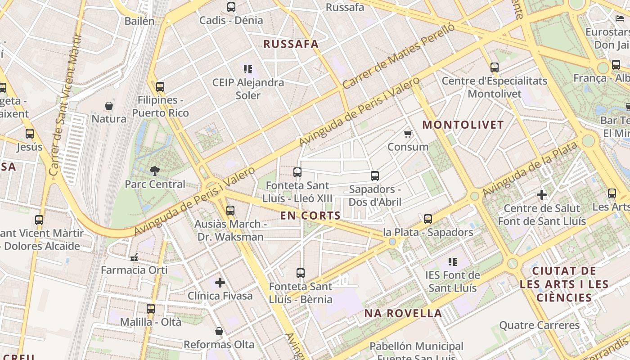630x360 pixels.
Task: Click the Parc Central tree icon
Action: point(155,171)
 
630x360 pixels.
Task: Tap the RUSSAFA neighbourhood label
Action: point(291,44)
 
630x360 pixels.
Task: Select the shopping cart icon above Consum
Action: point(408,134)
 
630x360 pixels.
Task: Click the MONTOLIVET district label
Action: point(463,125)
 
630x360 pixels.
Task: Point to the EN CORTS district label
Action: point(310,216)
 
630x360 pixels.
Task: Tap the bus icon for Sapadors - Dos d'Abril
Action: point(375,175)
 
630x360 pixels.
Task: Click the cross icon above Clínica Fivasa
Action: point(220,283)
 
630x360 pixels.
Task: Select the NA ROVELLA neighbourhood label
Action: point(403,314)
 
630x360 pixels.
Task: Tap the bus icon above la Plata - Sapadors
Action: point(428,219)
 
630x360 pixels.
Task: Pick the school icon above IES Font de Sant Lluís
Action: point(453,261)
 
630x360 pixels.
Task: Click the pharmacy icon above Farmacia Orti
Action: point(134,257)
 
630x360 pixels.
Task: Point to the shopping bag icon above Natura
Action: point(109,106)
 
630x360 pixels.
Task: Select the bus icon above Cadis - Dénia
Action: point(231,7)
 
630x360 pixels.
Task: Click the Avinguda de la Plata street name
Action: point(530,170)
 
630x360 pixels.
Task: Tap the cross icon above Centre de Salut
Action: point(542,195)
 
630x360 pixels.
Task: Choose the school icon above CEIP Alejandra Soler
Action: point(248,69)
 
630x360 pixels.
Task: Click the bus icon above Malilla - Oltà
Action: point(151,309)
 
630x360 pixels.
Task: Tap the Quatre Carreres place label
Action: point(540,325)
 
